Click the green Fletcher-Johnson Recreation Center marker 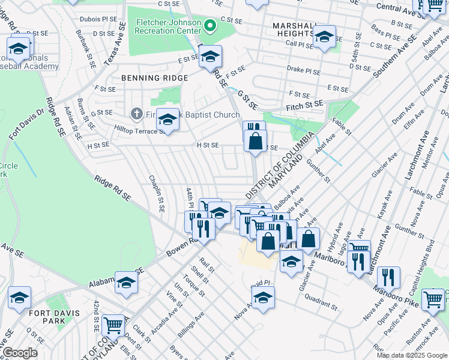click(x=209, y=26)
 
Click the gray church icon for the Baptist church click(x=136, y=114)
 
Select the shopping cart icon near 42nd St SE click(x=113, y=325)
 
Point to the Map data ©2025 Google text click(x=411, y=355)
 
